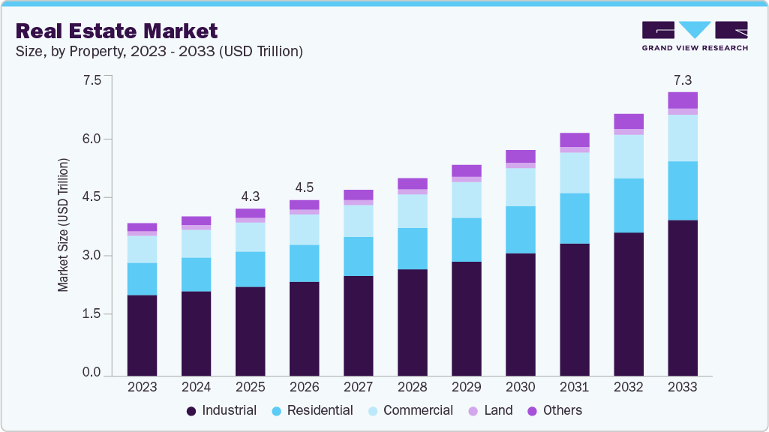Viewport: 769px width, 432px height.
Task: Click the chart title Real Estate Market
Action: pos(116,31)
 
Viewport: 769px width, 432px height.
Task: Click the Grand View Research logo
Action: pos(695,35)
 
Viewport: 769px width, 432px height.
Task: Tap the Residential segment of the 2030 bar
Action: pos(521,229)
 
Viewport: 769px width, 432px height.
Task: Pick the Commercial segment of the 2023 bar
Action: pos(142,249)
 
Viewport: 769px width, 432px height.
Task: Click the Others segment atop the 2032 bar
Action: pos(629,121)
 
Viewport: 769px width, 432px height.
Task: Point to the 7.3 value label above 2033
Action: pos(683,79)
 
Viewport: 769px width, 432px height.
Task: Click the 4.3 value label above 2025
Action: pos(250,196)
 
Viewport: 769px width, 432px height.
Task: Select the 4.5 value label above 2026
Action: pos(305,187)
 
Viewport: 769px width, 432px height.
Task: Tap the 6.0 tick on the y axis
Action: pos(91,139)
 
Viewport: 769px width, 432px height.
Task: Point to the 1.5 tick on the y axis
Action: pos(91,314)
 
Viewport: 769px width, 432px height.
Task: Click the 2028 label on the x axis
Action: pos(413,387)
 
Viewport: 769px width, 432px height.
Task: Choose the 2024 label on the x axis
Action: pos(196,387)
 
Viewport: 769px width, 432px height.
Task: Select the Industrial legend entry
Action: pos(221,410)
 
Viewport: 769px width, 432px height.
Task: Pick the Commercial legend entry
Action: pos(410,410)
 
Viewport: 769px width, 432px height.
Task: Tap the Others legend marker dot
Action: pos(533,411)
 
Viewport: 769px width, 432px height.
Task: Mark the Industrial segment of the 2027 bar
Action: pos(358,325)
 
